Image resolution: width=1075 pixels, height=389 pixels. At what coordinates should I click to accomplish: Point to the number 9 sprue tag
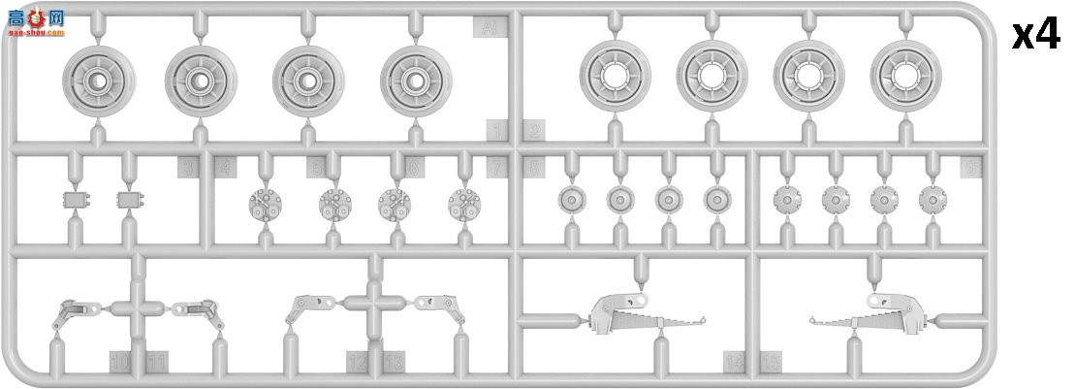point(972,168)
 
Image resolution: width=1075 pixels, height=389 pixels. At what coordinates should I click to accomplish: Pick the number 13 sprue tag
point(394,363)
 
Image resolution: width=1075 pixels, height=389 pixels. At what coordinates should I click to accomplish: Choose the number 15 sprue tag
point(771,363)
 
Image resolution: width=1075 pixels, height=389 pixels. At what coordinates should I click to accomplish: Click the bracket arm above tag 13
point(448,308)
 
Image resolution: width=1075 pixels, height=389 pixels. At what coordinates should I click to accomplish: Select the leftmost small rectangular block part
point(73,200)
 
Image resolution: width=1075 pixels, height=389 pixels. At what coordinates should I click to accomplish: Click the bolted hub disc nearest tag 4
point(262,202)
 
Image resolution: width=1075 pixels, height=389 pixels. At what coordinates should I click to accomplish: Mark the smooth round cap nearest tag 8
point(572,200)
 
